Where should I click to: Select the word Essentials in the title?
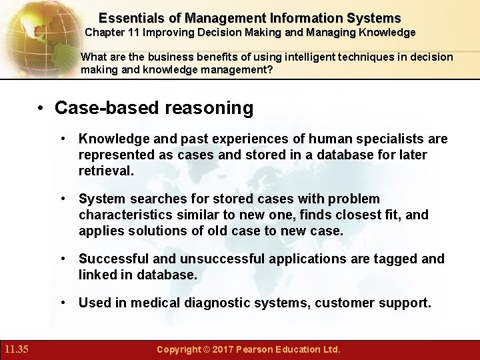tap(129, 18)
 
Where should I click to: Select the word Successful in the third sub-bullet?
tap(109, 259)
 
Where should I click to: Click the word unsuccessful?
tap(216, 259)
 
